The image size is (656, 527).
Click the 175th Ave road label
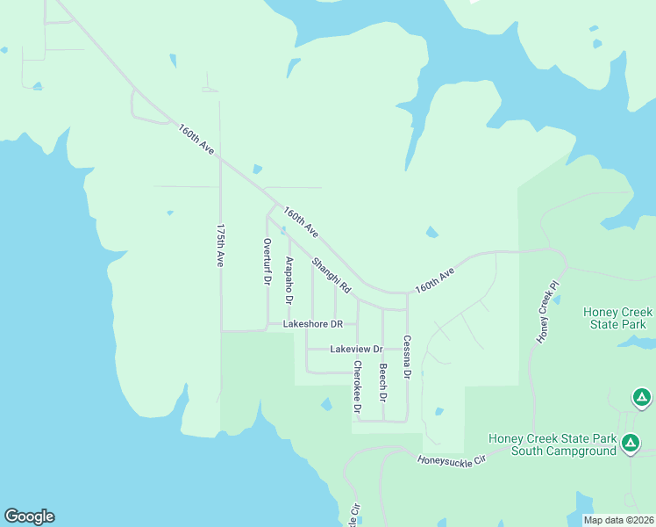[x=221, y=245]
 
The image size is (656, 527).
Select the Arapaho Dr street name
[x=289, y=279]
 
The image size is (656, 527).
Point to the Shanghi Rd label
[x=332, y=275]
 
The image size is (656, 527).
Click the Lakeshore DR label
[x=312, y=324]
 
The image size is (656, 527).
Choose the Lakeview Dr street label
[x=356, y=349]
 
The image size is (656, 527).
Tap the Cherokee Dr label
[x=357, y=386]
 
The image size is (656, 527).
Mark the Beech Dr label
[x=382, y=383]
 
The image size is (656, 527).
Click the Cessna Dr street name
[x=407, y=357]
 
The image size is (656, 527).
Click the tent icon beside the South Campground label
[x=630, y=444]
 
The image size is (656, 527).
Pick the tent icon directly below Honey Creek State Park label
[x=642, y=399]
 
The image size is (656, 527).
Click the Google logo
[x=29, y=516]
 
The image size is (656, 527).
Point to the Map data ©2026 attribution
[x=617, y=520]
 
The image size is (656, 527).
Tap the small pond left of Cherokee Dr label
[x=326, y=404]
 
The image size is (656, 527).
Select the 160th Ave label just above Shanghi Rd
[x=300, y=222]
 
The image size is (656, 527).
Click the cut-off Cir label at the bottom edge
[x=355, y=516]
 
